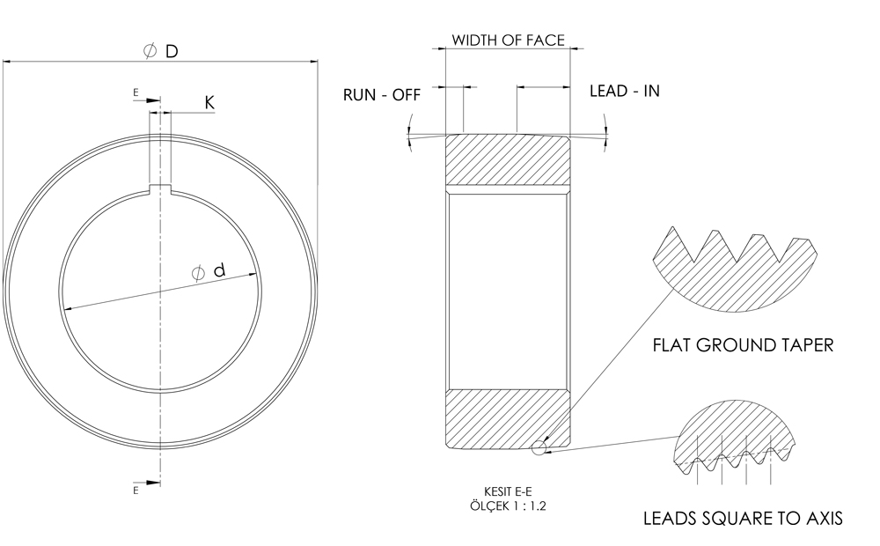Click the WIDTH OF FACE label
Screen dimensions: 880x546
point(508,41)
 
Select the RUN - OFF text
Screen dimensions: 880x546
point(382,95)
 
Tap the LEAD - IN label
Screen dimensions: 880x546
point(625,91)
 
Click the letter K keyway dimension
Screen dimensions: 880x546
point(209,103)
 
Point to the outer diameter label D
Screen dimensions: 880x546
point(172,52)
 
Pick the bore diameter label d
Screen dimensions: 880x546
point(219,270)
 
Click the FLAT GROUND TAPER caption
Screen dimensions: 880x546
point(743,345)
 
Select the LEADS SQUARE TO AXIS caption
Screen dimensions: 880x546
point(743,518)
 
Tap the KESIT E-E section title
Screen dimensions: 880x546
point(508,492)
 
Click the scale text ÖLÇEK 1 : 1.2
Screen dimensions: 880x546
point(508,505)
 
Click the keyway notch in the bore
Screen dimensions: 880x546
point(160,188)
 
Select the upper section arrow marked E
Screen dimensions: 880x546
point(147,100)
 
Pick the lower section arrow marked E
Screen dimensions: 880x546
point(147,483)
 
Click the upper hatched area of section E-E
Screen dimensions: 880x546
point(508,159)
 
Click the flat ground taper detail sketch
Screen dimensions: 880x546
point(735,269)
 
